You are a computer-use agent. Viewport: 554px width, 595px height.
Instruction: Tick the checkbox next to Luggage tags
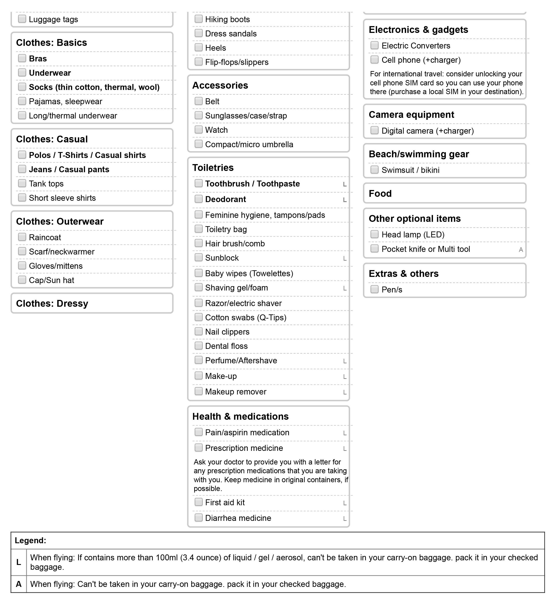click(x=22, y=19)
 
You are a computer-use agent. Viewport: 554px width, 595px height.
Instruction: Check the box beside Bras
click(x=22, y=58)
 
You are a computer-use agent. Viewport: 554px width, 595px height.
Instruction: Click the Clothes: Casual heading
click(x=52, y=139)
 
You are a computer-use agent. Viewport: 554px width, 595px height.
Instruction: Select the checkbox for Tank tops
click(x=22, y=183)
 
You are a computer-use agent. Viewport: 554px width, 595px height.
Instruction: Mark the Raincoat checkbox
click(x=22, y=237)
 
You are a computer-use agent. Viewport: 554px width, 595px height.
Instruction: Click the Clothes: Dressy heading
click(x=52, y=303)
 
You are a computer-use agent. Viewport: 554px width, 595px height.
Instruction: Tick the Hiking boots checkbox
click(x=198, y=19)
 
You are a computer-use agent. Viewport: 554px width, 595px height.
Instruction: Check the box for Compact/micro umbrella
click(x=198, y=144)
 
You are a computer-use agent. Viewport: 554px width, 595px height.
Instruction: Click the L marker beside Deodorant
click(x=345, y=200)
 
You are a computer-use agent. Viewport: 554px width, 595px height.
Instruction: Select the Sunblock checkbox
click(x=198, y=257)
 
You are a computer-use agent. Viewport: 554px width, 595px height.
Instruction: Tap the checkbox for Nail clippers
click(x=198, y=331)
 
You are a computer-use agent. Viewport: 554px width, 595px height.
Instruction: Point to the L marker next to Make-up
click(x=345, y=376)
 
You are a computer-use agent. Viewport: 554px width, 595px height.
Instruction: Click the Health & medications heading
click(x=240, y=416)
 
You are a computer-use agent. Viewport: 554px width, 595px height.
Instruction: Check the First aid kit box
click(x=198, y=502)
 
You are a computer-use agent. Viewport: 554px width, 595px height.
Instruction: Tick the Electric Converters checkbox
click(x=374, y=45)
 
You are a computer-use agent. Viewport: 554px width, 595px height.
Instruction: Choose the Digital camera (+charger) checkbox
click(x=374, y=130)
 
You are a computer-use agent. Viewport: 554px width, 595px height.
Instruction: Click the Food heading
click(x=380, y=193)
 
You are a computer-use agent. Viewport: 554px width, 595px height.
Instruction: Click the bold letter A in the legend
click(x=19, y=584)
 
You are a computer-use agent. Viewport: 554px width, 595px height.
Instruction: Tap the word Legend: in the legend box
click(x=30, y=541)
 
